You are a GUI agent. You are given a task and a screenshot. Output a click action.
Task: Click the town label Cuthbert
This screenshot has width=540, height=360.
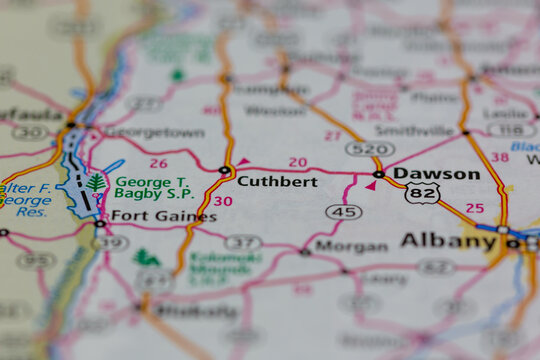tap(277, 182)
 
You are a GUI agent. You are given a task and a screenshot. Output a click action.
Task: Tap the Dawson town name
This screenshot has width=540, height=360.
tap(437, 174)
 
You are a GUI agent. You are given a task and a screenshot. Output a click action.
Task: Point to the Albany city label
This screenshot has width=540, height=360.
tap(448, 241)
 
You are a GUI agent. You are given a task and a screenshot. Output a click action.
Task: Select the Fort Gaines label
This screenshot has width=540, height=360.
tap(149, 215)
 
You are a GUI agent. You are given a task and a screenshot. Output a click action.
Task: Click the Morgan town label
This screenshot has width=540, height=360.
tap(351, 246)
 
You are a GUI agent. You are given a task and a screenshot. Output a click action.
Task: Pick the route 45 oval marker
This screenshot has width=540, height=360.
tap(344, 212)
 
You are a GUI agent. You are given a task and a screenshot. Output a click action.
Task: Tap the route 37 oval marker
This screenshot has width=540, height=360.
tap(243, 242)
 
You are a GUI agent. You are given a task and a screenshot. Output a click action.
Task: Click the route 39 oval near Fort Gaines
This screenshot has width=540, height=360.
tap(110, 242)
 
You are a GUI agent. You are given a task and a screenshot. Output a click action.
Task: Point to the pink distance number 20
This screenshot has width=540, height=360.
tap(298, 162)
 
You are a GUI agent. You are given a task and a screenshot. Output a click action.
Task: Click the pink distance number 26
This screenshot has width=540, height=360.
tap(158, 163)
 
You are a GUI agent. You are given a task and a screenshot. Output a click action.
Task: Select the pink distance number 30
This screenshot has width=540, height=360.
tap(223, 201)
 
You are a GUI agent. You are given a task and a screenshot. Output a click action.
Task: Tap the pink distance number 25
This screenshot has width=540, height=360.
tap(475, 208)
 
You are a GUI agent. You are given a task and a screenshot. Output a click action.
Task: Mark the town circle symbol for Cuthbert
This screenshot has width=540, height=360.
tap(225, 171)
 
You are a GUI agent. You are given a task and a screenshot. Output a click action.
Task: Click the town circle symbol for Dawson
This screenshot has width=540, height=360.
tap(379, 174)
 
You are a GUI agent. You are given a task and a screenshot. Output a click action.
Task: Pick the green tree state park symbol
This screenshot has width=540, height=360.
tap(96, 183)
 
